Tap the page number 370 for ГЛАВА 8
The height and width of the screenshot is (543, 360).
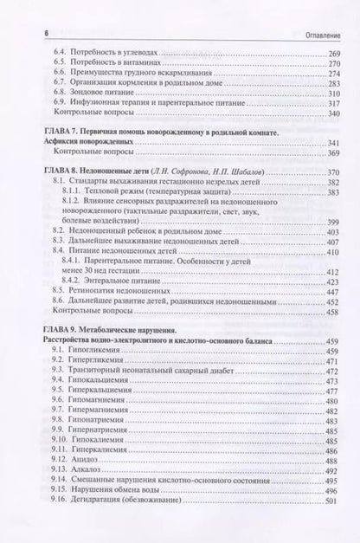pyautogui.click(x=330, y=172)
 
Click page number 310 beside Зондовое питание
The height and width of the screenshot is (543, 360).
pyautogui.click(x=330, y=93)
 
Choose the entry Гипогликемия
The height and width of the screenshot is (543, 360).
pyautogui.click(x=98, y=353)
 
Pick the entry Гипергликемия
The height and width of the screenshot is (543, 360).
pyautogui.click(x=100, y=365)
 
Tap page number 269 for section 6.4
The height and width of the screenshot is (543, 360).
pyautogui.click(x=330, y=55)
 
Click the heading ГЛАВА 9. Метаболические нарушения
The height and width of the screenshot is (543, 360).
pyautogui.click(x=104, y=331)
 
